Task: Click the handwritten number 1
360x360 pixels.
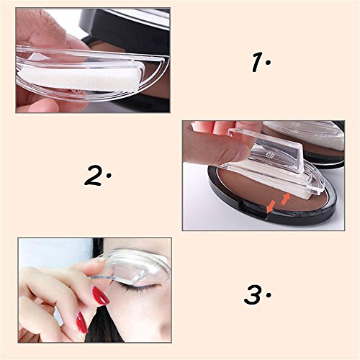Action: pyautogui.click(x=257, y=63)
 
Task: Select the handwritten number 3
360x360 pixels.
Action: pyautogui.click(x=253, y=294)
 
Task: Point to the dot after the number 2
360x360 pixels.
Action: pyautogui.click(x=110, y=176)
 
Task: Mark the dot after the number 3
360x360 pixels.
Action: pyautogui.click(x=267, y=294)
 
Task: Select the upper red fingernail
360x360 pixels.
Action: pyautogui.click(x=100, y=294)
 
